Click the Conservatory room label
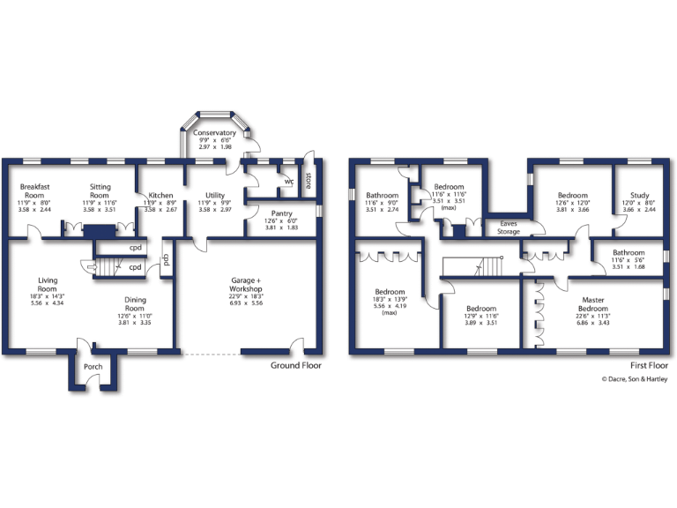point(214,133)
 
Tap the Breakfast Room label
point(37,191)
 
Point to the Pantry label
point(282,213)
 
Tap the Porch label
point(93,367)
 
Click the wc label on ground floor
point(287,183)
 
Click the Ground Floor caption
point(296,365)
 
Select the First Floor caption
point(649,365)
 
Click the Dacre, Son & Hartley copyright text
point(634,379)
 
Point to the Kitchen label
point(160,195)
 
